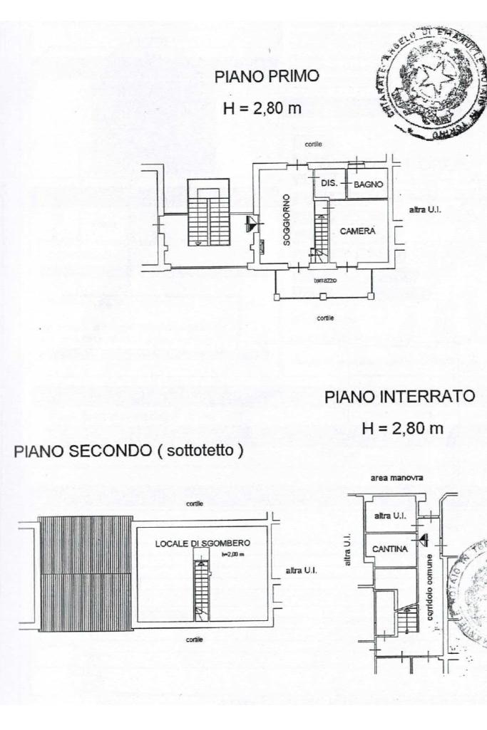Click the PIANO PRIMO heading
pyautogui.click(x=267, y=77)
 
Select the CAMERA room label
pyautogui.click(x=358, y=231)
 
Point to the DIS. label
pyautogui.click(x=329, y=184)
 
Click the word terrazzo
pyautogui.click(x=325, y=281)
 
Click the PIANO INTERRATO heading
pyautogui.click(x=399, y=397)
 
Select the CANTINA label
pyautogui.click(x=390, y=549)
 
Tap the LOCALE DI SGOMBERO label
pyautogui.click(x=203, y=543)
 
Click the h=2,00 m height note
pyautogui.click(x=233, y=553)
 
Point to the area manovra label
pyautogui.click(x=397, y=478)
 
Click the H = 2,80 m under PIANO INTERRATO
pyautogui.click(x=402, y=428)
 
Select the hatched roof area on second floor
pyautogui.click(x=86, y=573)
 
